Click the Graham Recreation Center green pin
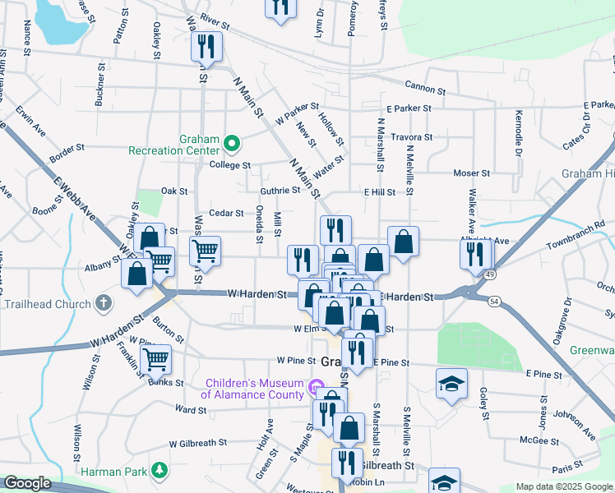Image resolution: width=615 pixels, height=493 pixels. pyautogui.click(x=232, y=145)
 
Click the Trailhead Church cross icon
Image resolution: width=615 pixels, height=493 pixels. pyautogui.click(x=103, y=303)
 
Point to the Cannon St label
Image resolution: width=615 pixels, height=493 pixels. pyautogui.click(x=425, y=90)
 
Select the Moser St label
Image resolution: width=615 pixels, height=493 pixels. pyautogui.click(x=472, y=173)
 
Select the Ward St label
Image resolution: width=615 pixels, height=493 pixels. pyautogui.click(x=191, y=408)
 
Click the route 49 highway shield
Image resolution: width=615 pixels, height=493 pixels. pyautogui.click(x=489, y=274)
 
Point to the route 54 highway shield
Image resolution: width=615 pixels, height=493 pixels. pyautogui.click(x=493, y=302)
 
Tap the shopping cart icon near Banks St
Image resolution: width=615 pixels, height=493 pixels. pyautogui.click(x=155, y=358)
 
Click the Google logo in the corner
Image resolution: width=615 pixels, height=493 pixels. pyautogui.click(x=27, y=483)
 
